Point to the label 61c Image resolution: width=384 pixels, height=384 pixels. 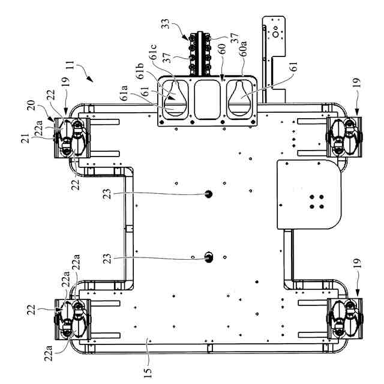[154, 52]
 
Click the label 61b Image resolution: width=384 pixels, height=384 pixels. [140, 71]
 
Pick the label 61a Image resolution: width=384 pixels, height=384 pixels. [124, 93]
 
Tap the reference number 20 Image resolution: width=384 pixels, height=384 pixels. [31, 106]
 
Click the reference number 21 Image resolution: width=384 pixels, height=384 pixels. [25, 139]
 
